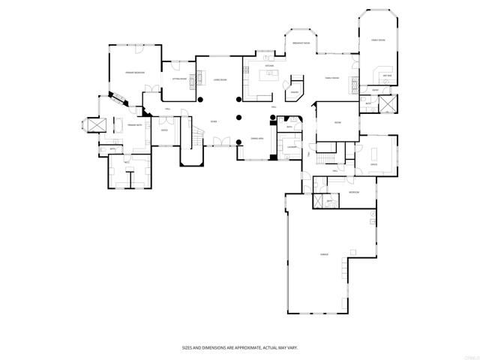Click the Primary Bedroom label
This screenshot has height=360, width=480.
(x=134, y=72)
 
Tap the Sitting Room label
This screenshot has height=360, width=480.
(x=179, y=77)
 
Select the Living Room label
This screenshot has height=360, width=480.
(x=220, y=79)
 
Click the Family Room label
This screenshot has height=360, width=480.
(x=331, y=78)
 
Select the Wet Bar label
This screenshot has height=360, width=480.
(x=387, y=76)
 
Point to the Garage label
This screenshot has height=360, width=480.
(x=325, y=255)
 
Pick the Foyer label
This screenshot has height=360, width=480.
(x=214, y=121)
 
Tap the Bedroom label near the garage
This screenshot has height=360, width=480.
(x=353, y=193)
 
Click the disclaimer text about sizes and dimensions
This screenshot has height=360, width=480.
(x=239, y=347)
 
